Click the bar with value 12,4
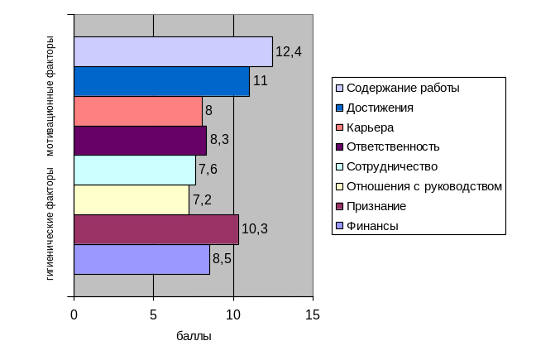pos(173,51)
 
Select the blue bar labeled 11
pos(161,81)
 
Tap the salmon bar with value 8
pos(138,111)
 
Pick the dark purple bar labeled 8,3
pos(140,141)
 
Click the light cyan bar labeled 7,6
pos(135,170)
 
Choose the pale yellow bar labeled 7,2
pos(132,199)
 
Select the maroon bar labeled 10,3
pos(156,229)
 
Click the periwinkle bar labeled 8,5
pos(141,259)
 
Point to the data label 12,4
pos(289,51)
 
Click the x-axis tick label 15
pos(313,315)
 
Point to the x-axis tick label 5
pos(153,315)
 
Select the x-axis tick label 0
pos(74,315)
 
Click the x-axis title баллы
pos(194,337)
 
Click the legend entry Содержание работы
pos(403,88)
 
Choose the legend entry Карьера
pos(370,127)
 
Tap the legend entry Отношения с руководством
pos(424,186)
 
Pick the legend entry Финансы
pos(372,225)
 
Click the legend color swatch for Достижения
pos(339,108)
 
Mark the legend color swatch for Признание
pos(339,206)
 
